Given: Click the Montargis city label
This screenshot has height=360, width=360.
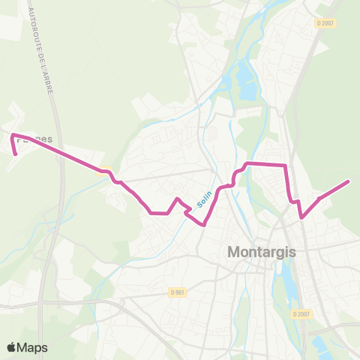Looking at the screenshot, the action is (262, 253).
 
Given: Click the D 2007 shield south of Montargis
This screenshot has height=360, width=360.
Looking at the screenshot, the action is (300, 313).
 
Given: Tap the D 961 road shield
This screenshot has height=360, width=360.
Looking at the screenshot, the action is (178, 292).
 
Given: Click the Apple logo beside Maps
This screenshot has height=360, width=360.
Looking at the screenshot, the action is (12, 347).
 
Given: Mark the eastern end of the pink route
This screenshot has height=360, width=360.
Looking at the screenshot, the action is (349, 181).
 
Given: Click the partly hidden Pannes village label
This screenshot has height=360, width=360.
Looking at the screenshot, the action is (28, 139).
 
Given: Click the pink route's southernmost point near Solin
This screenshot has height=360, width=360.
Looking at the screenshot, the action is (203, 223).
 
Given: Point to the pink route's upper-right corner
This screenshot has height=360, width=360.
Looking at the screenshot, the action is (286, 165).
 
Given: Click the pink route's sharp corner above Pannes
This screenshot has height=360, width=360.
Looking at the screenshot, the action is (12, 135).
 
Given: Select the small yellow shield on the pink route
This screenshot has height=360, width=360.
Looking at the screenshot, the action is (104, 169).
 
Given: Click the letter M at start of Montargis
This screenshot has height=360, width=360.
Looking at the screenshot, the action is (233, 253).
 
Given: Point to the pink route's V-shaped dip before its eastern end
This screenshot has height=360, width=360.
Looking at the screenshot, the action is (301, 217).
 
